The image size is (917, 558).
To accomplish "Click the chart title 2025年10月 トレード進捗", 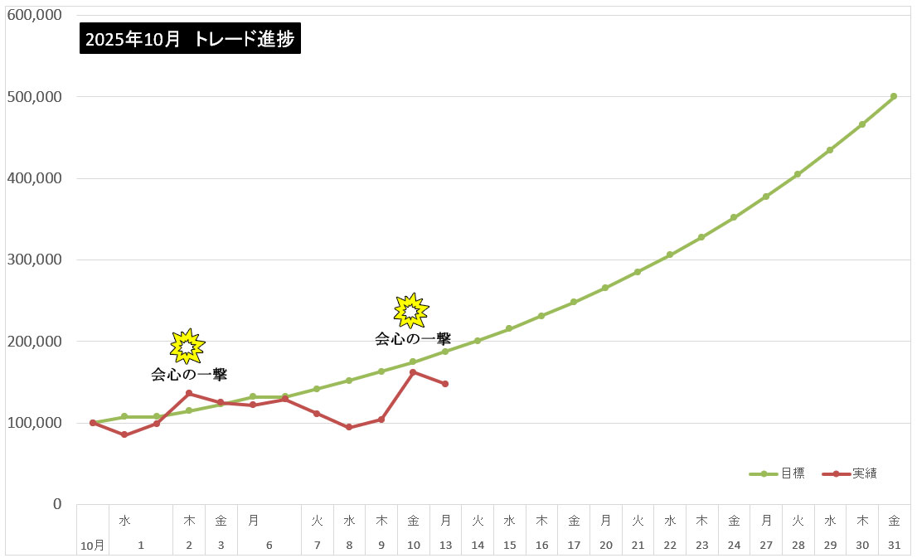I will click(190, 38).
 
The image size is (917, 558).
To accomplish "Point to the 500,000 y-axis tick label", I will click(34, 97).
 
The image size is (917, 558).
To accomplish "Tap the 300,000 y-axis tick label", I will click(34, 260).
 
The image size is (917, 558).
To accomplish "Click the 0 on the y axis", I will click(57, 504).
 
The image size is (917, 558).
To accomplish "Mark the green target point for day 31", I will click(894, 96).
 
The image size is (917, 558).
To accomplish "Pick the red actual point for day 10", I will click(413, 372).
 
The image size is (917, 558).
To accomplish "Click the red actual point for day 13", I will click(445, 384).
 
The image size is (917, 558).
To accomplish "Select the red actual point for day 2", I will click(189, 393).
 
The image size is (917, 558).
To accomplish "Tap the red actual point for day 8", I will click(349, 427).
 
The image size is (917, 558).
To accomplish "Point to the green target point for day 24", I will click(734, 217).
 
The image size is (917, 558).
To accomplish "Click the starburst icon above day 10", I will click(410, 310).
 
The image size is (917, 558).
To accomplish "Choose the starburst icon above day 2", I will click(187, 346).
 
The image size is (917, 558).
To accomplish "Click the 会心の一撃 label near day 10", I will click(413, 338).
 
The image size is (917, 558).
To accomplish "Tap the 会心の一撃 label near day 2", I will click(189, 375).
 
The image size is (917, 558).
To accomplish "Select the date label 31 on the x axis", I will click(894, 545).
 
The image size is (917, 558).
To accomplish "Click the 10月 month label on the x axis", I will click(93, 545).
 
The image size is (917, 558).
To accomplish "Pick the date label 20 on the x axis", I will click(606, 545).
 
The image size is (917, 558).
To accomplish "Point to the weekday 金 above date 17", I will click(574, 521).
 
